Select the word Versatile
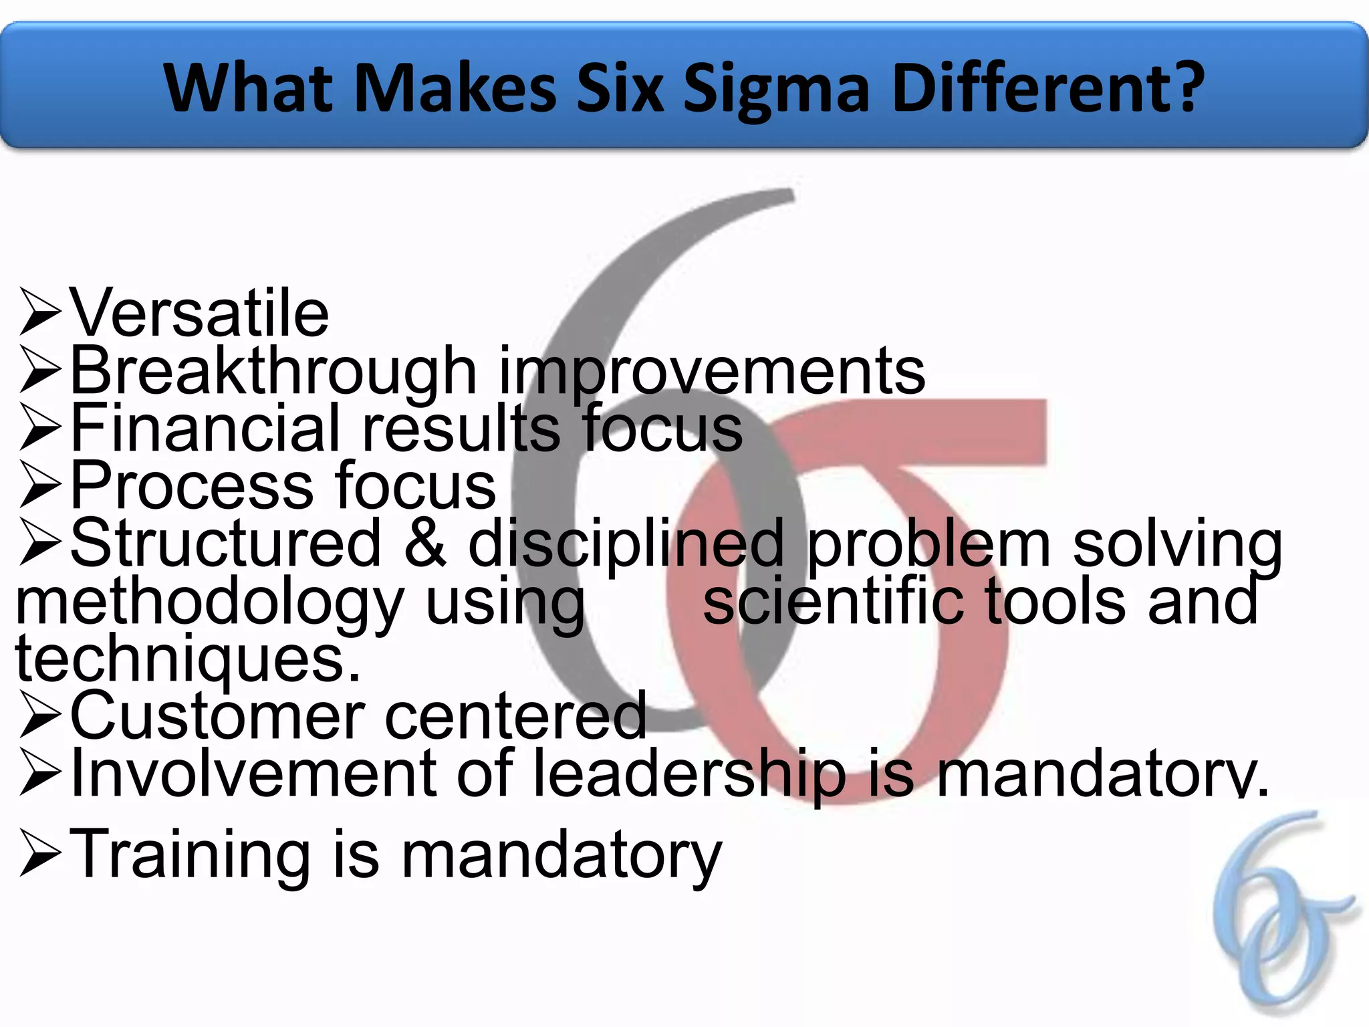coord(199,312)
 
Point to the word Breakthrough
coord(273,371)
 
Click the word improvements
coord(712,371)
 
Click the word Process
coord(191,485)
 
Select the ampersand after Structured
coord(425,542)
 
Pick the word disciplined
coord(626,544)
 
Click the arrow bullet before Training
coord(40,854)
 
